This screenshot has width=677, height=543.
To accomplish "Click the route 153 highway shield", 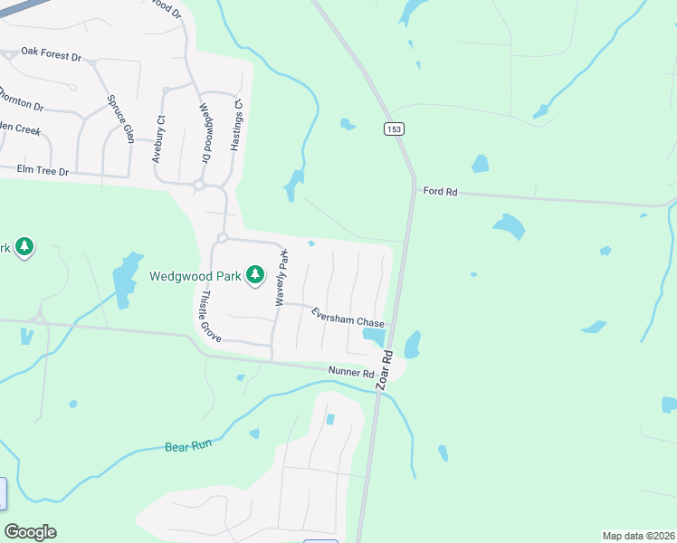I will (395, 129).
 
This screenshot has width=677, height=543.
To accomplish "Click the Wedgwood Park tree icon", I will (255, 274).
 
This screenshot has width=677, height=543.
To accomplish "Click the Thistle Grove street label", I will (210, 315).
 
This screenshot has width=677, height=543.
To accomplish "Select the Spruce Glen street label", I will (120, 119).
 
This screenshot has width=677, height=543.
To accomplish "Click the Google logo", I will (30, 532).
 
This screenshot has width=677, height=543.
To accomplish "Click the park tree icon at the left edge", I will (24, 247).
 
